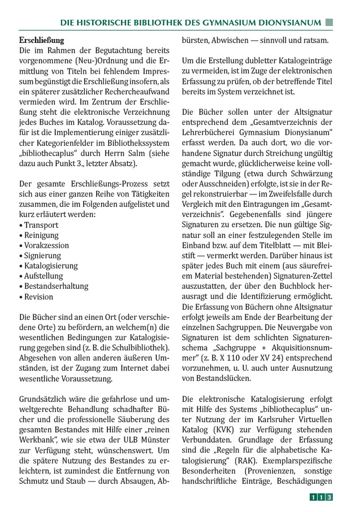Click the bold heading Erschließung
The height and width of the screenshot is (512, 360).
tap(41, 41)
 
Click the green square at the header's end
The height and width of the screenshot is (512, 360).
tap(329, 23)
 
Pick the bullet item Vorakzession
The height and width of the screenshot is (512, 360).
tap(46, 245)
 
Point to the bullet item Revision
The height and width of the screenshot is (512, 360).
tap(38, 296)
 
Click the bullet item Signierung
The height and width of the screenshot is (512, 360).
tap(42, 255)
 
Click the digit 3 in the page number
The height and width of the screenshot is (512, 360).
tap(328, 497)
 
